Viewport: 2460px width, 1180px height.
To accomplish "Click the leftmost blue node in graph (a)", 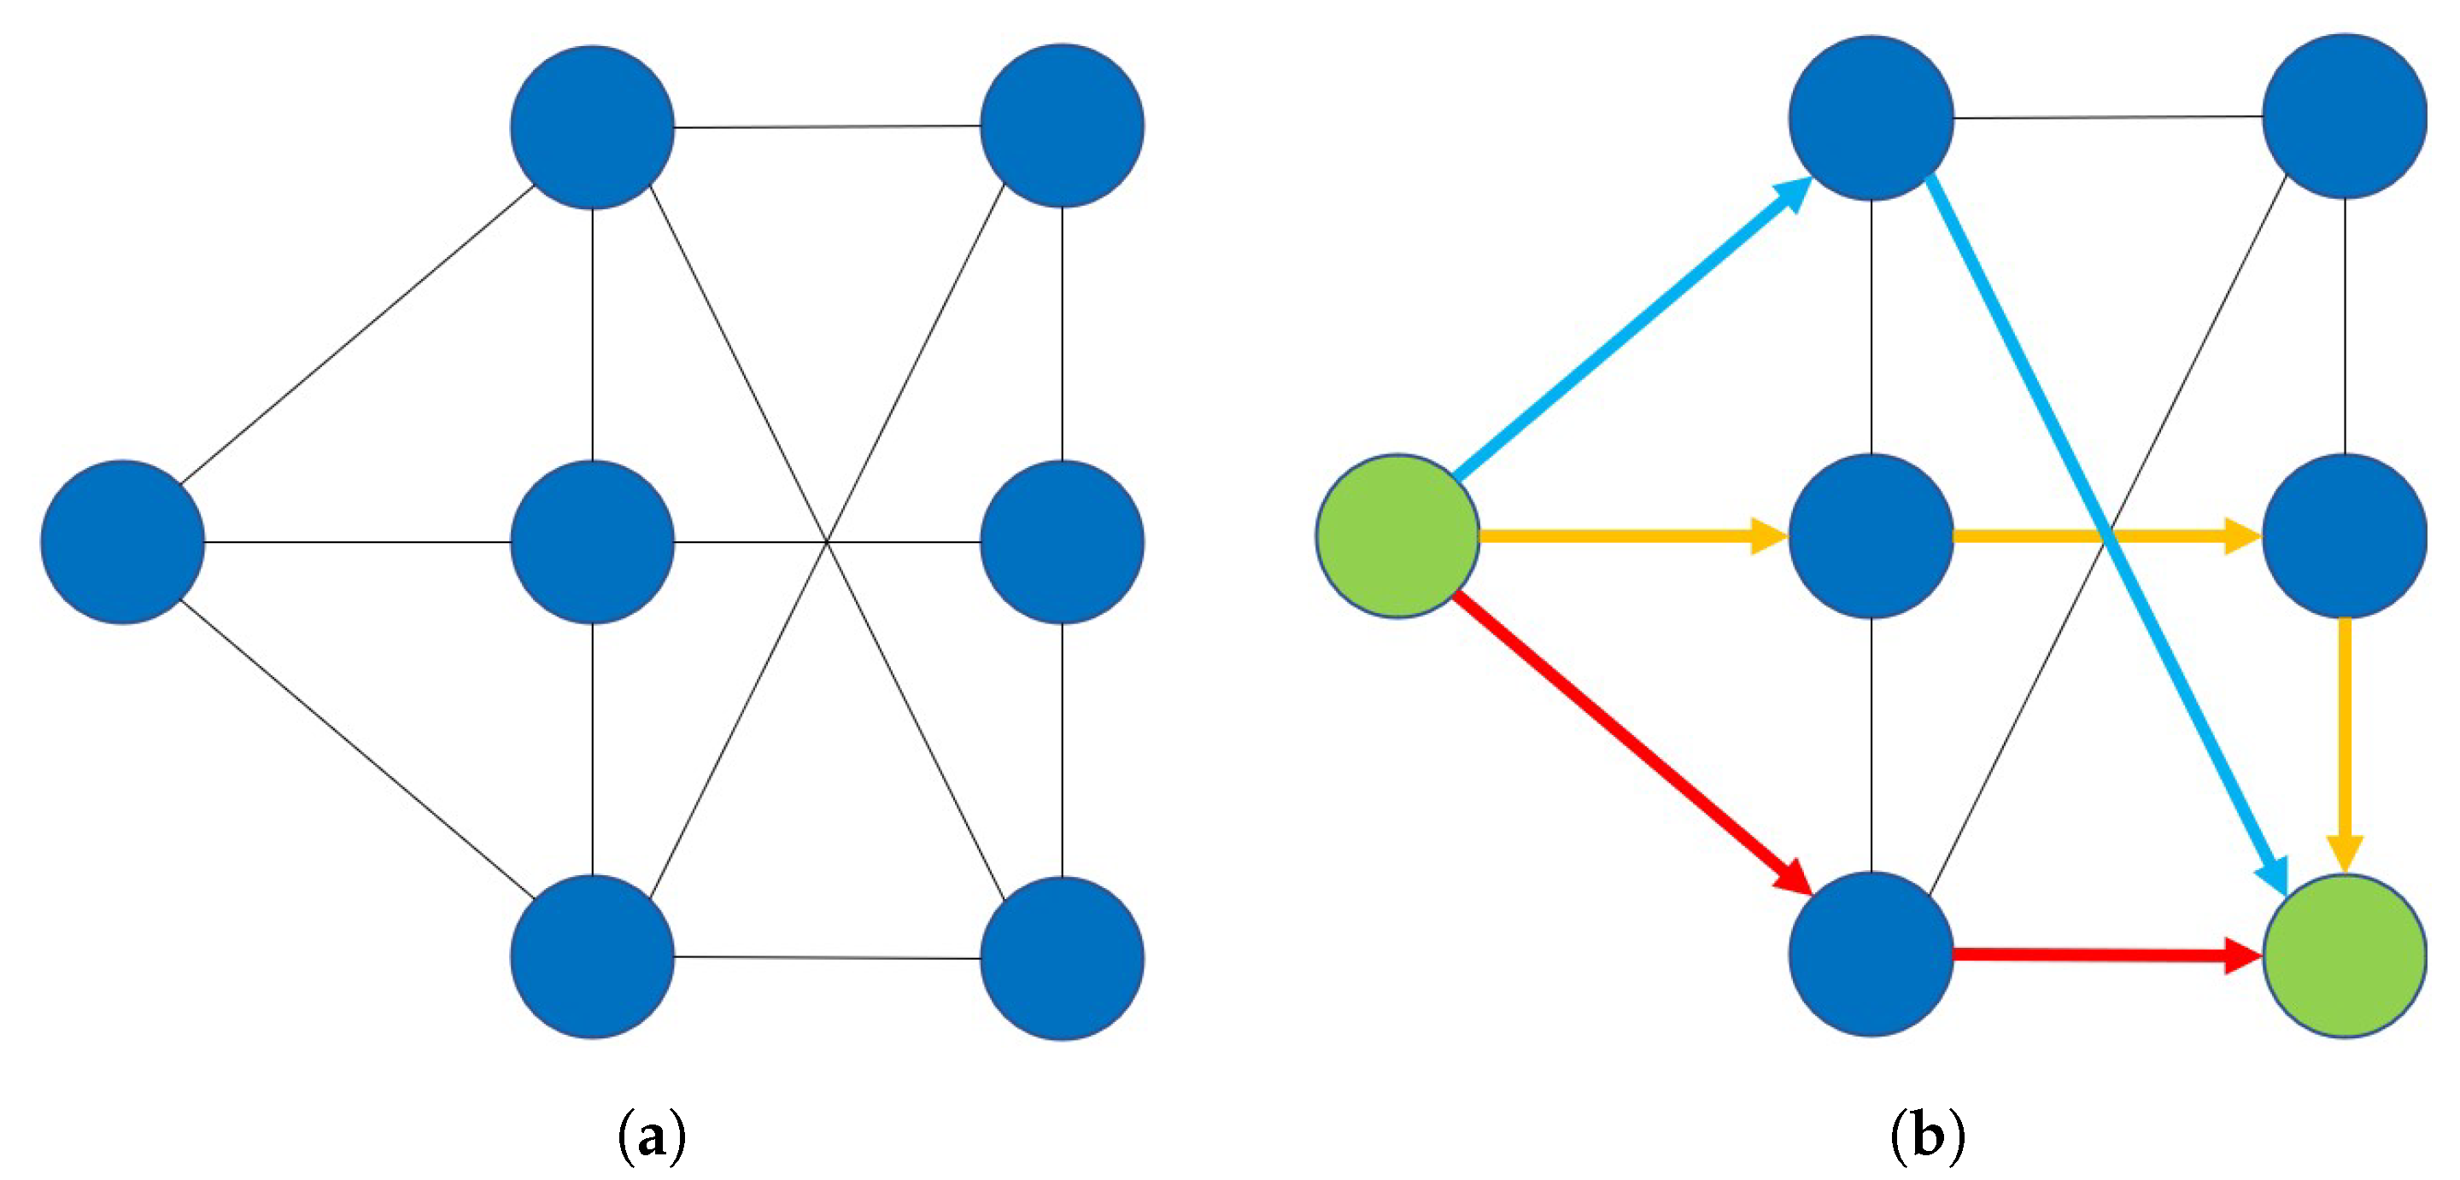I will point(122,541).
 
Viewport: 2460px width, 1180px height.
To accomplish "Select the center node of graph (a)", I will point(592,541).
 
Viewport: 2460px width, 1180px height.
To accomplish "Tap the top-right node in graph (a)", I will point(1062,125).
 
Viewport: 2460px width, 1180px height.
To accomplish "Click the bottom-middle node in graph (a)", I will point(592,956).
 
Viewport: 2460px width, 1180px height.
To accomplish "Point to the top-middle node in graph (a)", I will point(592,126).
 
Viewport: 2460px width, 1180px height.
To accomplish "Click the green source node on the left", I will point(1398,535).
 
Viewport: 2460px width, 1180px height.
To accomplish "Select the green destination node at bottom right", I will point(2345,955).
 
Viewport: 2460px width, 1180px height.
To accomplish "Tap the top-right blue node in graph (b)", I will point(2345,116).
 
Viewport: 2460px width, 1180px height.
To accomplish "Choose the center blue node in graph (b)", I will point(1871,535).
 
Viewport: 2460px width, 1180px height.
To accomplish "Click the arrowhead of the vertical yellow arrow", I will point(2345,852).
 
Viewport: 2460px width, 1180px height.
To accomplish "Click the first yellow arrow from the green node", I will point(1624,535).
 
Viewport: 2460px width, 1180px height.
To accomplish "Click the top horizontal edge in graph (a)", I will point(827,126).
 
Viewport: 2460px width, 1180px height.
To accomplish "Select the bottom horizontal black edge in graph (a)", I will point(827,956).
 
